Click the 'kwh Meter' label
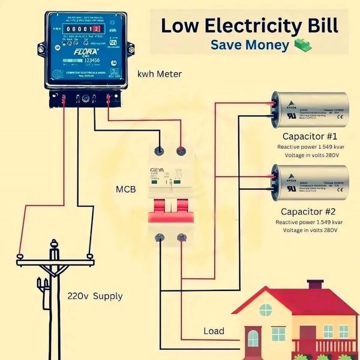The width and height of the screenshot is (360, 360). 159,74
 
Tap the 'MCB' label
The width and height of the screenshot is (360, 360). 125,190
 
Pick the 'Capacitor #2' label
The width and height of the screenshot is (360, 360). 308,212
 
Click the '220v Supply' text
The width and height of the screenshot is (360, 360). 95,296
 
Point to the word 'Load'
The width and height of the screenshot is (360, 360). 214,331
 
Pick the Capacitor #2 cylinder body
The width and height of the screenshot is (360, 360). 308,182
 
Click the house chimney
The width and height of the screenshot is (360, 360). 315,286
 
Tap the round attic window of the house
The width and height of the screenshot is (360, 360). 265,310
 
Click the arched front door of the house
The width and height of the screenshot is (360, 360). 253,339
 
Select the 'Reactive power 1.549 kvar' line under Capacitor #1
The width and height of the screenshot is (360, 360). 308,146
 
